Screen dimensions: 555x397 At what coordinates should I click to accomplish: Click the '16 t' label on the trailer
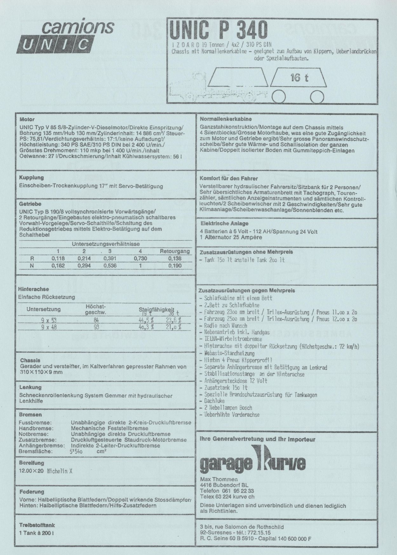pyautogui.click(x=299, y=77)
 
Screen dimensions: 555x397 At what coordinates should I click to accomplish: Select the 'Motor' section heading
pyautogui.click(x=27, y=120)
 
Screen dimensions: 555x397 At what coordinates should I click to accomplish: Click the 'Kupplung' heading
pyautogui.click(x=31, y=178)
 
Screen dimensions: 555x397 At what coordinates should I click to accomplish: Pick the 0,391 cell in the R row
pyautogui.click(x=110, y=258)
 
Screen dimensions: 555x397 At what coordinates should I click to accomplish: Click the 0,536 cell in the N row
pyautogui.click(x=110, y=265)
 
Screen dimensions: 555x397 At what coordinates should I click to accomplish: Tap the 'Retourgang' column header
pyautogui.click(x=175, y=251)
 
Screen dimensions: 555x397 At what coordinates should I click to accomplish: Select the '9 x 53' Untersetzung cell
pyautogui.click(x=49, y=320)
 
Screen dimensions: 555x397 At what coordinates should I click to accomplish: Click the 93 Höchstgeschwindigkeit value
pyautogui.click(x=96, y=327)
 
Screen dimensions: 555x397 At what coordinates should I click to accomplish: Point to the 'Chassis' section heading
pyautogui.click(x=30, y=360)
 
